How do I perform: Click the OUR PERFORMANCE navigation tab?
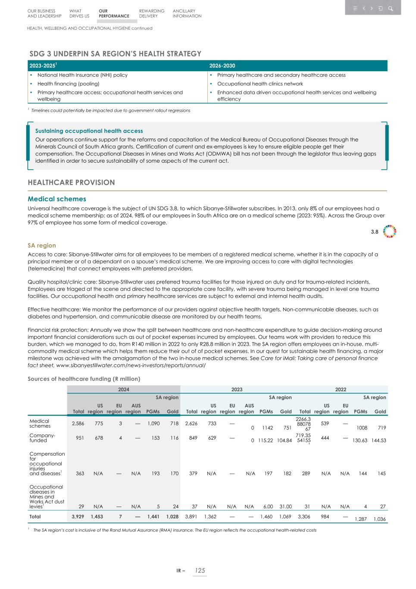(x=113, y=13)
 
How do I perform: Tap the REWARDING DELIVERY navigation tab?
(x=151, y=13)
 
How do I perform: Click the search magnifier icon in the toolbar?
(x=390, y=9)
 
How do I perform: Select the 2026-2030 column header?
(x=222, y=66)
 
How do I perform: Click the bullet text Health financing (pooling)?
(x=68, y=84)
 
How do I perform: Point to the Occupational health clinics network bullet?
(x=260, y=84)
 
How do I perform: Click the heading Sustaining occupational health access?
(x=89, y=131)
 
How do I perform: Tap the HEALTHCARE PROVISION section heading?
(x=71, y=183)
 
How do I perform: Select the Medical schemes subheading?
(x=57, y=199)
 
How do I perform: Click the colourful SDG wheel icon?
(x=389, y=232)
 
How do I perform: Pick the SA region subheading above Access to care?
(x=41, y=246)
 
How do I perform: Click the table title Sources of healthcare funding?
(x=84, y=379)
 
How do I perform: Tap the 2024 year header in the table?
(x=124, y=389)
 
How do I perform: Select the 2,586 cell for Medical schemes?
(x=78, y=424)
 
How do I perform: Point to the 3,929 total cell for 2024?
(x=78, y=517)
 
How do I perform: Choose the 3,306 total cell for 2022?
(x=303, y=517)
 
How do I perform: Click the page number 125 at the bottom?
(x=199, y=570)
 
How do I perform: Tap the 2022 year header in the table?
(x=341, y=389)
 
